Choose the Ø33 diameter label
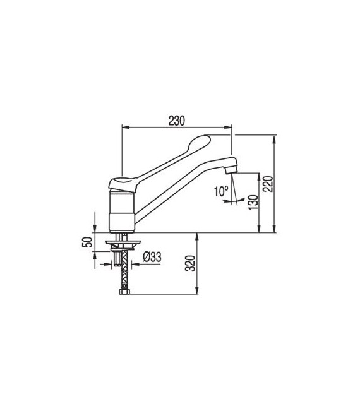click(152, 256)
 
